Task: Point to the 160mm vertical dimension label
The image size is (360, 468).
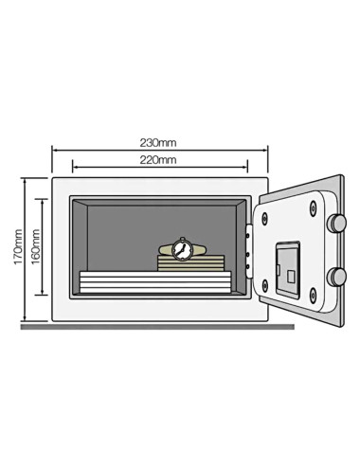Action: (36, 245)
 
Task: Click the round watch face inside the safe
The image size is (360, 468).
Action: (183, 249)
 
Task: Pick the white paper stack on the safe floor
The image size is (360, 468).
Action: (154, 281)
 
